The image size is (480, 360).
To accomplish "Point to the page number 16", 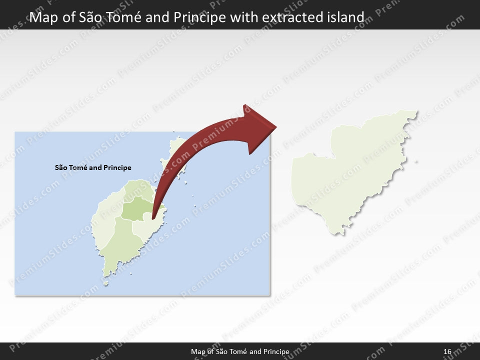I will (x=447, y=352).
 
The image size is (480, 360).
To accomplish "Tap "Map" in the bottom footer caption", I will (x=198, y=352).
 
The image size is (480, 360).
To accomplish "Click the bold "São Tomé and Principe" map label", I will (x=93, y=167).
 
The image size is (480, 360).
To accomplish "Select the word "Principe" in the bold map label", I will (x=117, y=167).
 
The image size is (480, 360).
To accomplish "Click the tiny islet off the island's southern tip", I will (x=105, y=284).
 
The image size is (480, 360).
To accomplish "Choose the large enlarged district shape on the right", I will (x=350, y=170).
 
